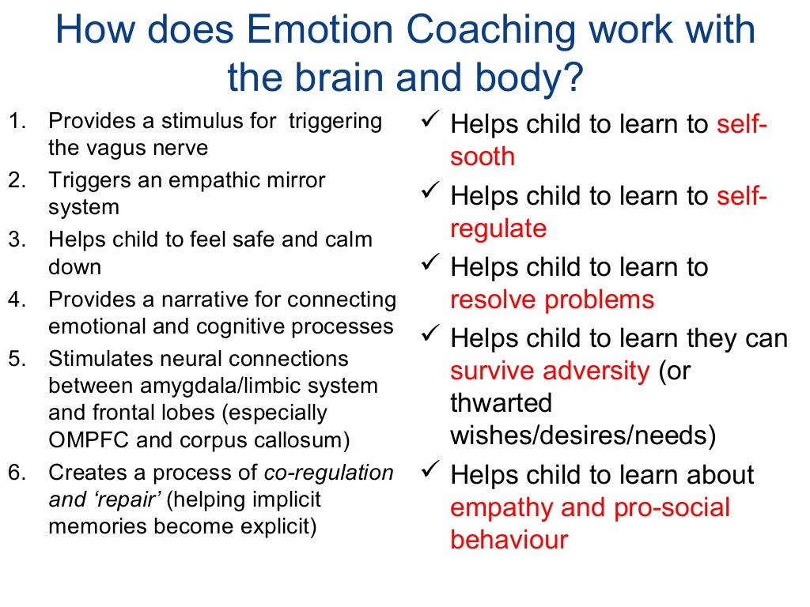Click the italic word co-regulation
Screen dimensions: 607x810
328,473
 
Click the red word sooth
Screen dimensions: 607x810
482,156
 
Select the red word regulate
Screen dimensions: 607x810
498,229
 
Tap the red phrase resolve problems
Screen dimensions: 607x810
552,300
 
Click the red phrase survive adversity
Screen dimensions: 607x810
550,371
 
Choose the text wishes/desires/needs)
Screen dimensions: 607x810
583,435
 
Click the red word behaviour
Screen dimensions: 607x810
509,540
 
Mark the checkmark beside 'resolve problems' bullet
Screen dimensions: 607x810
430,264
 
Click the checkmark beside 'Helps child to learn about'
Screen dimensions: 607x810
430,472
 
